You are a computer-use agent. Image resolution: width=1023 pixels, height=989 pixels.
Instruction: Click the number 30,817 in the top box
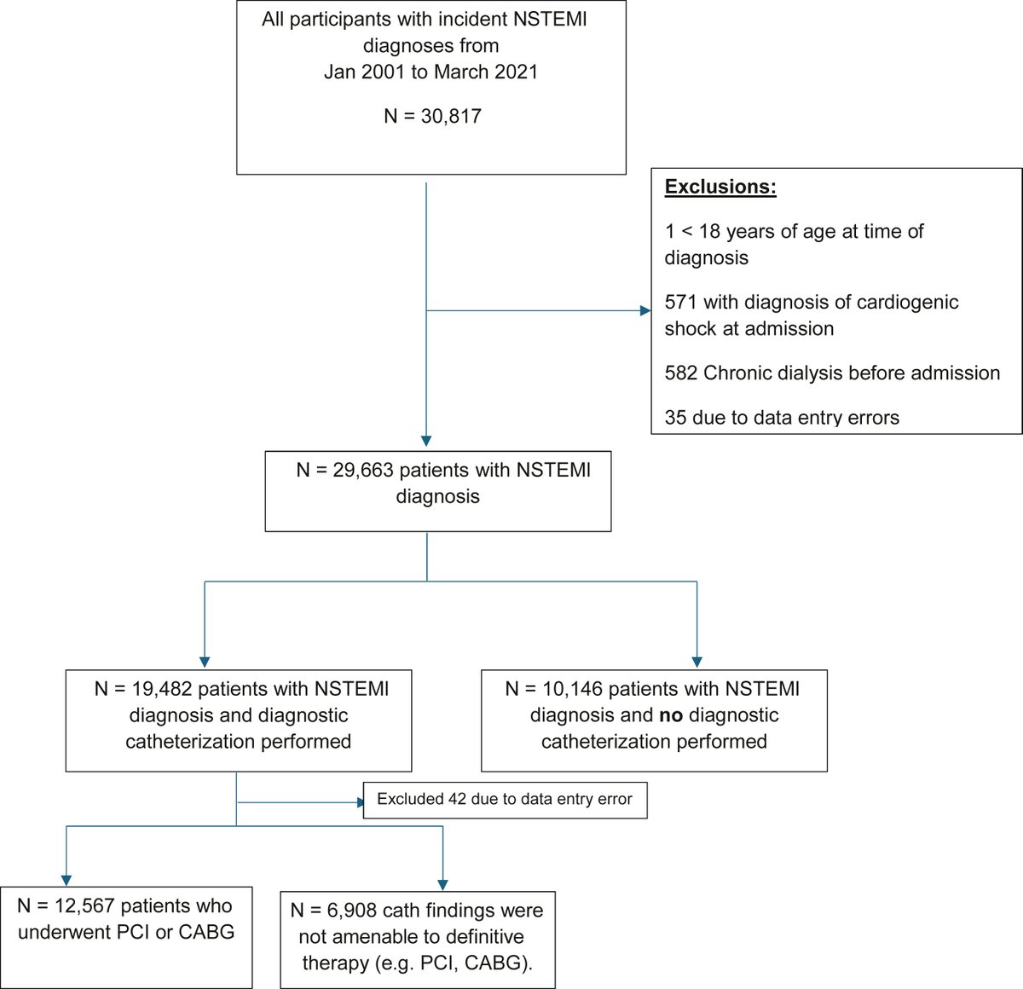pos(451,116)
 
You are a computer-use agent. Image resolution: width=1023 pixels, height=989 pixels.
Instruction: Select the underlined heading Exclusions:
pos(720,187)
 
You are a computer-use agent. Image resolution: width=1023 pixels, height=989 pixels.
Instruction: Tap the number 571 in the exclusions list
pos(680,302)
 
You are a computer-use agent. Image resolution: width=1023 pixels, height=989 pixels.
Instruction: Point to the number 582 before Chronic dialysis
pos(680,373)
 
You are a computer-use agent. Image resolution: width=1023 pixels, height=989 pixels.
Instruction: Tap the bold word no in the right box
pos(671,715)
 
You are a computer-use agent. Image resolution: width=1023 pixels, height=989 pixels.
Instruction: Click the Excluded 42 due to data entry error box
pos(505,800)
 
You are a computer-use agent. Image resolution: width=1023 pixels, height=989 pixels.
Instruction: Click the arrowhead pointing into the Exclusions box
pos(645,311)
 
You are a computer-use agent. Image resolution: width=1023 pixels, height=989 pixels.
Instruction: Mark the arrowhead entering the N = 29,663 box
pos(426,441)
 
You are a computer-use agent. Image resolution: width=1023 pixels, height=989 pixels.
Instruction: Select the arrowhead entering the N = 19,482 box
pos(205,661)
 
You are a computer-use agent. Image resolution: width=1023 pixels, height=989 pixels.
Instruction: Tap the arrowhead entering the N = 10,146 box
pos(696,661)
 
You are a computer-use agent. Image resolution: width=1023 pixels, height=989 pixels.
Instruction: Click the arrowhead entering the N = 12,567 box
pos(66,880)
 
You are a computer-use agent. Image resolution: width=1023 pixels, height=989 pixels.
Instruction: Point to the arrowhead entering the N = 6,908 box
pos(442,884)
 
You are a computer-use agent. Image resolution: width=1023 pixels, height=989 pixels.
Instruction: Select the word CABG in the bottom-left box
pos(206,932)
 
